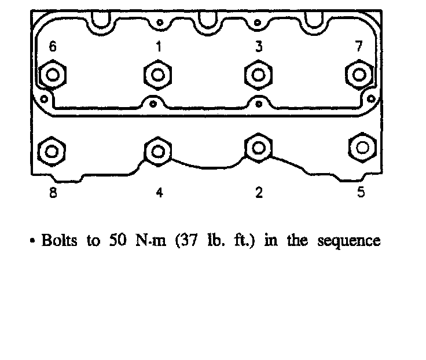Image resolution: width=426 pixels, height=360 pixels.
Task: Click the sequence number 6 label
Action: pos(53,47)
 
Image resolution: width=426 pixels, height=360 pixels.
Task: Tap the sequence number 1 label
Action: pos(157,47)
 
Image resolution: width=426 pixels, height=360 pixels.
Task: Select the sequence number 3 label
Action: pos(259,47)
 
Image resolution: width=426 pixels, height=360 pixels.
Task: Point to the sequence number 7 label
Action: pos(359,47)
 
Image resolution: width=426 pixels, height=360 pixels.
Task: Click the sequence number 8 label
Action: pos(53,193)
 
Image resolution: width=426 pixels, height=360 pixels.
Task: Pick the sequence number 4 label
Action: pos(159,193)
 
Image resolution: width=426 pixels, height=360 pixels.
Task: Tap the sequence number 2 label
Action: pos(259,193)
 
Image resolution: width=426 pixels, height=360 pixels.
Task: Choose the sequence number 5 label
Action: pos(361,193)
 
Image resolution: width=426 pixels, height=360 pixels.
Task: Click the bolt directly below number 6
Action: pos(53,75)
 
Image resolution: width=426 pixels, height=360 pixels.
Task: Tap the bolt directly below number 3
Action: pos(258,75)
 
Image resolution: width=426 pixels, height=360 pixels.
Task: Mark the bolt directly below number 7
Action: pos(359,75)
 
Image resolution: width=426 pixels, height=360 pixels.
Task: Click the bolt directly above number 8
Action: pos(52,151)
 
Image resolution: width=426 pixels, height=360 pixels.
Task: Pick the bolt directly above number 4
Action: pos(157,151)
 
